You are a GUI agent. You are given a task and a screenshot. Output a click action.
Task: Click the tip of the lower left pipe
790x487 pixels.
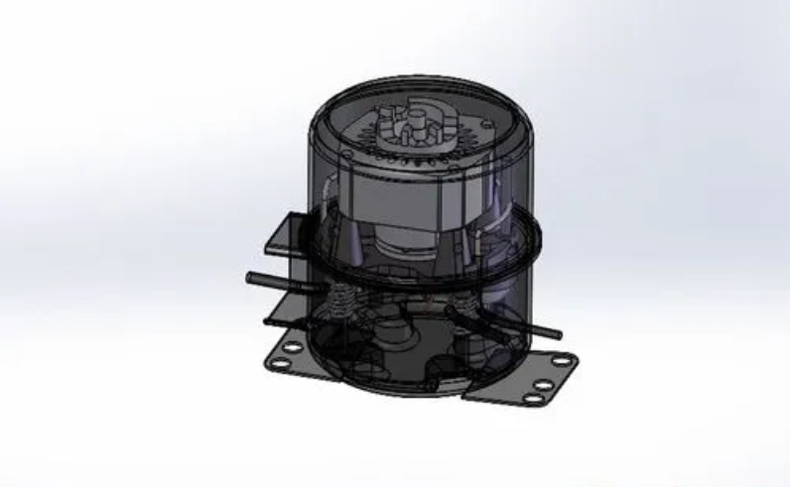(x=268, y=321)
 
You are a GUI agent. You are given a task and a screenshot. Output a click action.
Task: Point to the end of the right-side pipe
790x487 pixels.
(x=557, y=335)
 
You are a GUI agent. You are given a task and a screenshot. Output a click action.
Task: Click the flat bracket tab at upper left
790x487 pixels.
(x=283, y=234)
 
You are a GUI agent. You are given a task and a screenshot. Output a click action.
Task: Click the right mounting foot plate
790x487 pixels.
(x=526, y=382)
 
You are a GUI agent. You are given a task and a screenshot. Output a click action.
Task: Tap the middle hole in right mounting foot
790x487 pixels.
(x=545, y=381)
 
